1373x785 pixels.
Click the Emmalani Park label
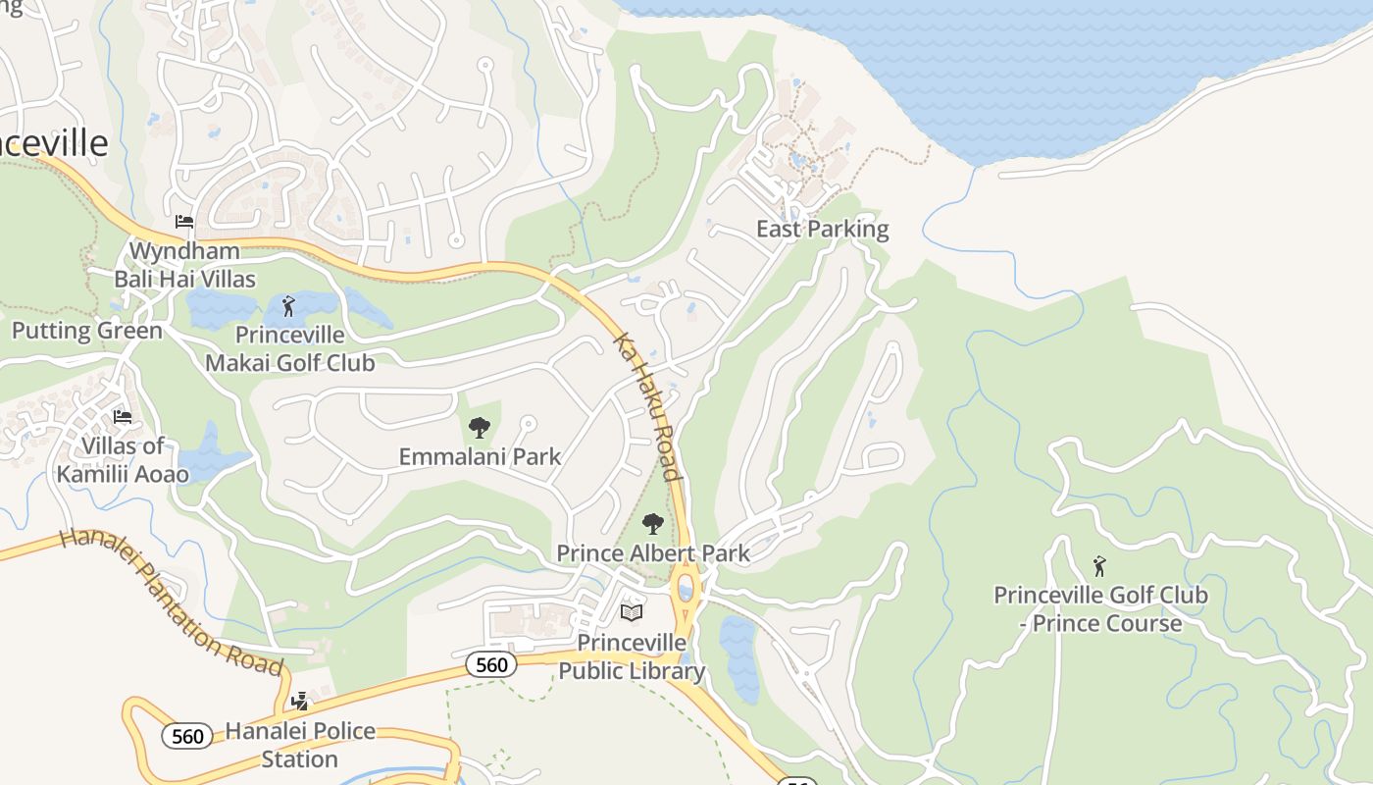click(480, 456)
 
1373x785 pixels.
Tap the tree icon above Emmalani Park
click(479, 428)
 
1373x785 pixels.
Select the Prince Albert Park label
click(653, 553)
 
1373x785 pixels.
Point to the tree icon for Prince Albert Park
click(653, 524)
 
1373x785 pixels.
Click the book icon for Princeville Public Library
click(632, 613)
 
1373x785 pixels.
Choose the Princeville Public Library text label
click(632, 656)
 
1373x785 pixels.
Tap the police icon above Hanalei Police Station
click(300, 701)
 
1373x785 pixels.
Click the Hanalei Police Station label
click(300, 745)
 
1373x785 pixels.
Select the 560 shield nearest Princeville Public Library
click(490, 665)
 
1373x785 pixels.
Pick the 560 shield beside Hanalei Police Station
click(186, 736)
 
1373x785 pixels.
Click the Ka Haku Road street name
click(647, 406)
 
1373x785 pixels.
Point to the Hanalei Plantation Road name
click(172, 602)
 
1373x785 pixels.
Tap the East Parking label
click(822, 230)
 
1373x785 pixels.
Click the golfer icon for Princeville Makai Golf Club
click(288, 306)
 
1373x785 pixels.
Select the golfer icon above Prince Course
click(1099, 566)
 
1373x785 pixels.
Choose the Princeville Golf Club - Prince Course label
click(1100, 609)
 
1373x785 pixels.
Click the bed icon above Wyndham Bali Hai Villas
click(184, 222)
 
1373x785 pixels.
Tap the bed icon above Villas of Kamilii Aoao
click(123, 417)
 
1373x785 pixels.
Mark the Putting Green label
click(86, 331)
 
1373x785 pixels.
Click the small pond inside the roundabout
click(686, 590)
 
